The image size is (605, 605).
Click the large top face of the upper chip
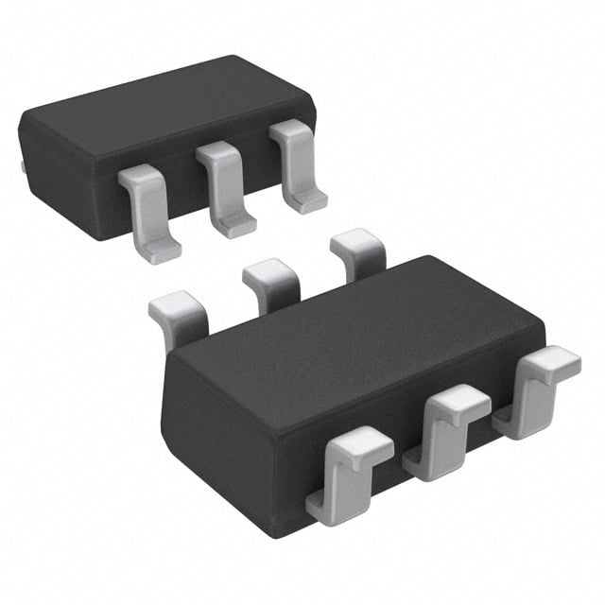[x=161, y=104]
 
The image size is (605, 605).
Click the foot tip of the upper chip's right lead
[x=308, y=201]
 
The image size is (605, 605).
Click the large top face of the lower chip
[x=359, y=321]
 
